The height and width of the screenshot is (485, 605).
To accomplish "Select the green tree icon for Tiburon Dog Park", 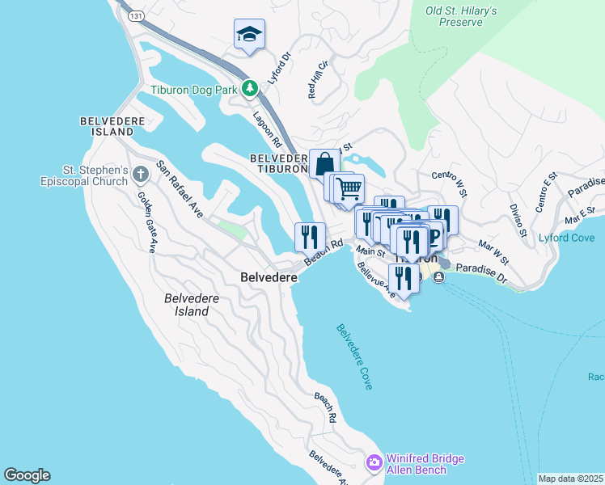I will tap(251, 88).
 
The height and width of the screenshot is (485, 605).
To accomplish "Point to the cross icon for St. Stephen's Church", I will tap(141, 174).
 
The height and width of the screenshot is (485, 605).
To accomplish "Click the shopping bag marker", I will tap(324, 164).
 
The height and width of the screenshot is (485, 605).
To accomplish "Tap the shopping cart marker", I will tap(349, 189).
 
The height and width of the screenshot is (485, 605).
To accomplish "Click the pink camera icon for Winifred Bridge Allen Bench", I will tap(374, 463).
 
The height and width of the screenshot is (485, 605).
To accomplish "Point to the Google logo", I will tap(27, 475).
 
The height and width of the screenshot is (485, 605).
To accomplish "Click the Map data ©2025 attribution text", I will tap(570, 479).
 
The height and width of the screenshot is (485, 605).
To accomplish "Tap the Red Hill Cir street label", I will tap(317, 79).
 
